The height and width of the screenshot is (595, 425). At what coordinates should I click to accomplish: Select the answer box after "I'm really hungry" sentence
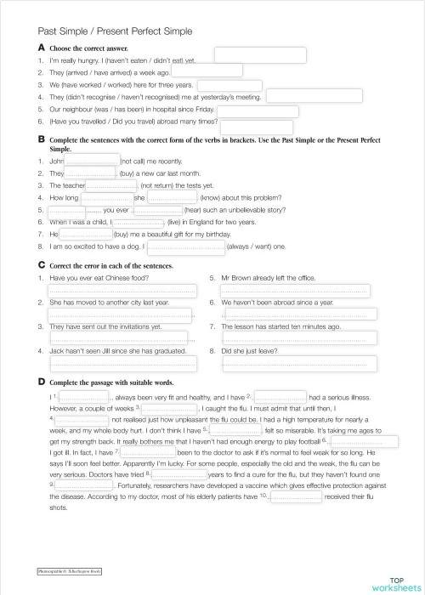247,55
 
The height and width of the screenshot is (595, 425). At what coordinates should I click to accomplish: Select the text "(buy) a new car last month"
154,173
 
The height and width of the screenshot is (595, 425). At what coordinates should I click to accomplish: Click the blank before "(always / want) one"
187,247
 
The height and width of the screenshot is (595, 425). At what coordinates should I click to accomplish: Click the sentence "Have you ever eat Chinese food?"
99,278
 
